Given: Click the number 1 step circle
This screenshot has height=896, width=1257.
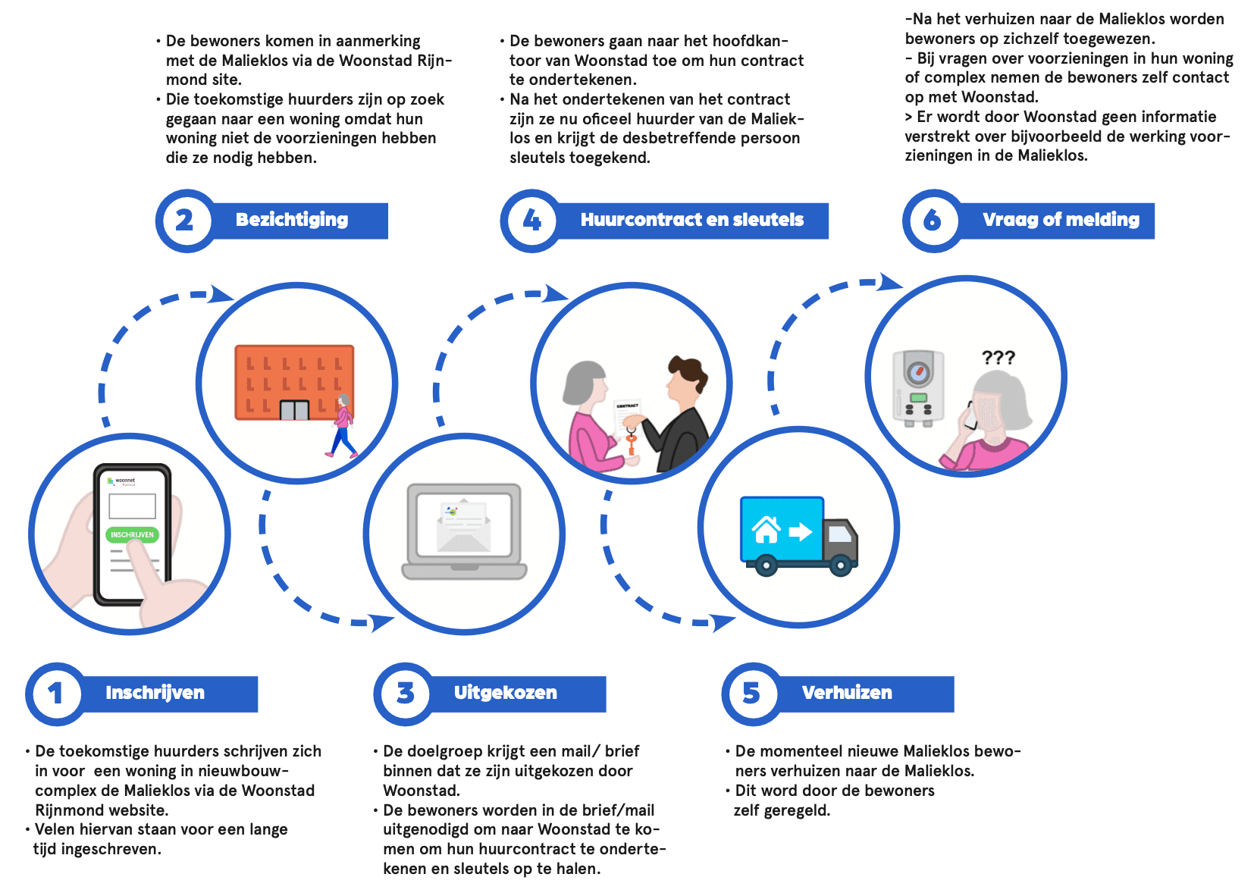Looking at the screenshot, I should point(55,693).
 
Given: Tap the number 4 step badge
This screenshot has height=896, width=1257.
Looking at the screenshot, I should point(531,220).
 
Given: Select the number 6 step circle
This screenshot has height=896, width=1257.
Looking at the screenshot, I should point(932,220).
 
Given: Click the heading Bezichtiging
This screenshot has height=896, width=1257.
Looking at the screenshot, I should point(292,220).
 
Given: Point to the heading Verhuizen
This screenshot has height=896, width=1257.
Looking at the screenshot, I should point(847,693).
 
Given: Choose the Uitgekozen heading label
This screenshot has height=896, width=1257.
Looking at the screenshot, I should point(505,693).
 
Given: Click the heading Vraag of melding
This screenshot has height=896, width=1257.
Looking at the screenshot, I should point(1061,220).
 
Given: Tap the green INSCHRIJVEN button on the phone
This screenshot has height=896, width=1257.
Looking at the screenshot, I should point(132,534).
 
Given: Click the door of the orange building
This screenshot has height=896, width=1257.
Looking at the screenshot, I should point(294,410).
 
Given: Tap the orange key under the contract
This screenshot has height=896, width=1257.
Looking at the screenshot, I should point(631,443).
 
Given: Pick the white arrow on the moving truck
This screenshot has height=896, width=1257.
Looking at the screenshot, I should point(800,531).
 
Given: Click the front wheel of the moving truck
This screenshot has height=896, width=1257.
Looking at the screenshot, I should point(840,565).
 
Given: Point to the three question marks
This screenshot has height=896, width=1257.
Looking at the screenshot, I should point(998,358).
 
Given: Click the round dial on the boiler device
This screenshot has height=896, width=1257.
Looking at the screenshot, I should point(918,372).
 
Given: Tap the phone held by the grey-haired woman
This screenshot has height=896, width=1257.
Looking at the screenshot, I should point(970,416).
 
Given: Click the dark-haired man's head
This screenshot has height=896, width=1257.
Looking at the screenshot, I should point(687,379).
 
